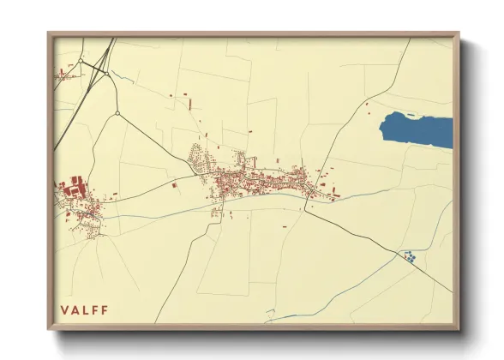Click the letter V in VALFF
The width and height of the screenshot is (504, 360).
point(64,309)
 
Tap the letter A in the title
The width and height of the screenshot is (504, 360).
point(75,309)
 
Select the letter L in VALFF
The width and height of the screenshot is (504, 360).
point(86,309)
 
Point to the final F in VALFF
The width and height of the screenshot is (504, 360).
point(105,309)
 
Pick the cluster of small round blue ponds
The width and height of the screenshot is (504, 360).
point(409,255)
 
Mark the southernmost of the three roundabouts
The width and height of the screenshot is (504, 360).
point(117,112)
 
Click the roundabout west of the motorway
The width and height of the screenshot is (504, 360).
point(81,62)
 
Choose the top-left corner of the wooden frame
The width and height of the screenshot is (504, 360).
point(49,33)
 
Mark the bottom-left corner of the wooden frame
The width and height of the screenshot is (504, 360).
point(49,330)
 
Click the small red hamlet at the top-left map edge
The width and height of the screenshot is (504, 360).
point(63,75)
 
